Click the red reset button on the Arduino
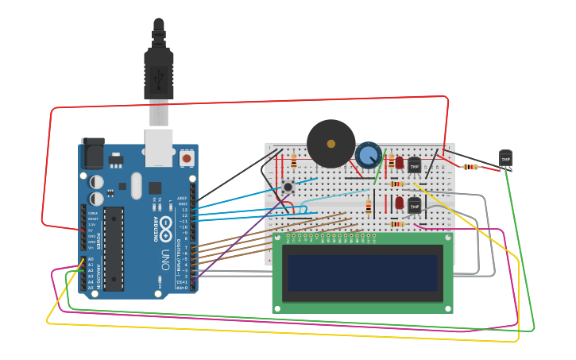186,158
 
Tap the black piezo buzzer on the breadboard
331,143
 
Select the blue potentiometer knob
368,154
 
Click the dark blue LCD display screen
362,273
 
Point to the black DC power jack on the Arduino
92,153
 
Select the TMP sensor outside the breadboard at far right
505,159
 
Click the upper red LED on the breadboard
399,162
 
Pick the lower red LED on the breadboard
399,203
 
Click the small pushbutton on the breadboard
288,188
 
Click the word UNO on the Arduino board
165,259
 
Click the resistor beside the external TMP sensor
470,167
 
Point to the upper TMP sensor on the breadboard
414,165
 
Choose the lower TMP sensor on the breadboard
414,205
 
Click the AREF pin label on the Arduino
183,199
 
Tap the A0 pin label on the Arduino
91,259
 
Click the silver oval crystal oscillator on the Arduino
137,186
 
